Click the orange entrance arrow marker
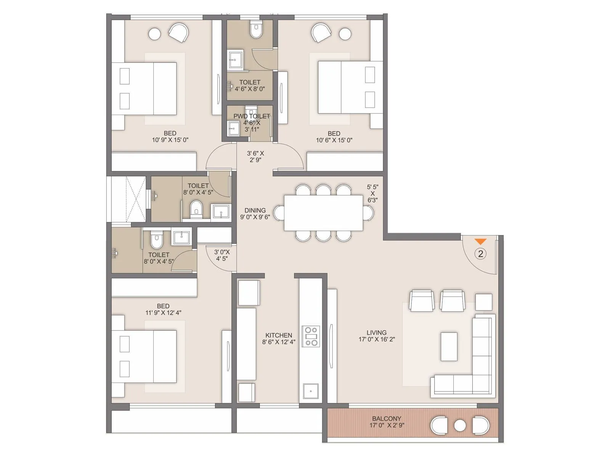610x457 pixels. tap(480, 241)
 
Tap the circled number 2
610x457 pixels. tap(480, 254)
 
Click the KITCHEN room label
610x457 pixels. tap(279, 339)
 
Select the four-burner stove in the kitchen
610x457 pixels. tap(311, 336)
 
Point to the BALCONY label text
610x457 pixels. tap(387, 422)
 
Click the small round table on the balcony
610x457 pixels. tap(460, 425)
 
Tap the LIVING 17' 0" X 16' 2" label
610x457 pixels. tap(376, 336)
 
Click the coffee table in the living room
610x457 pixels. tap(449, 347)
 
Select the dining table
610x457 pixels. tap(323, 213)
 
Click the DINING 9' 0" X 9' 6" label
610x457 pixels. tap(255, 214)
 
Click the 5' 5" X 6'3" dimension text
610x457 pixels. tap(372, 193)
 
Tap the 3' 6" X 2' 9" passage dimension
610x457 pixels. tap(255, 157)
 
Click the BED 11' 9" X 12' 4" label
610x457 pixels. tap(163, 309)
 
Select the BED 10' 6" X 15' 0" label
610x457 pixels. tap(334, 137)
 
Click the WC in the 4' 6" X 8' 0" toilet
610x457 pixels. tap(256, 30)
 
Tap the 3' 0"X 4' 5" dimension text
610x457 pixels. tap(222, 255)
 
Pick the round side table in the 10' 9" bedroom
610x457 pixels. tap(155, 34)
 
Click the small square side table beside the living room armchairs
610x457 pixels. tap(483, 302)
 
